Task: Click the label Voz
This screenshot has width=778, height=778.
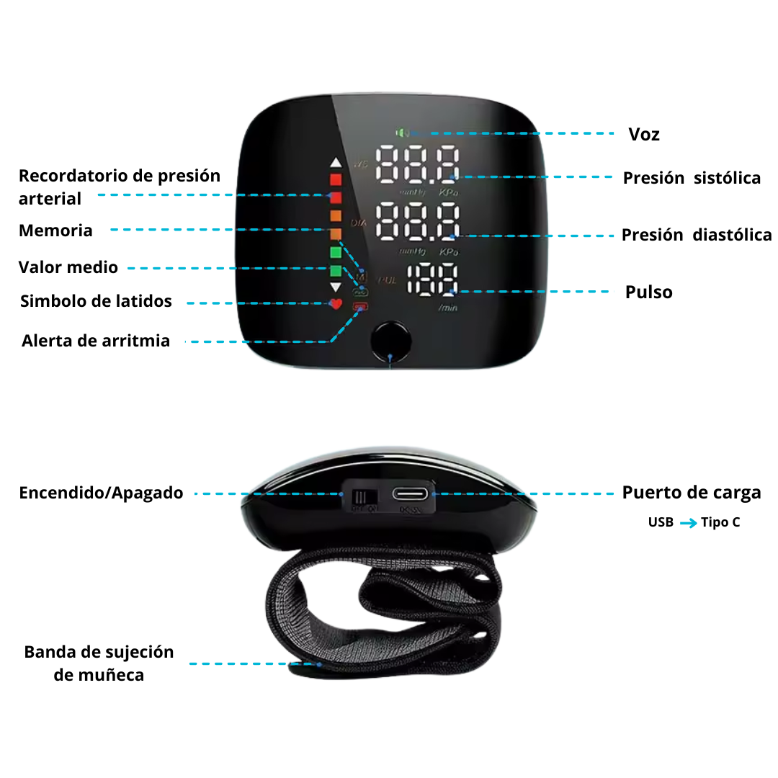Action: (x=643, y=134)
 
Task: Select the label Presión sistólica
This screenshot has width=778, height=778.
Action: (x=692, y=178)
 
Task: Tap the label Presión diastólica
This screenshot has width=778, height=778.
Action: (x=697, y=234)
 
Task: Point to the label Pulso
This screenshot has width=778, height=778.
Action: (x=648, y=292)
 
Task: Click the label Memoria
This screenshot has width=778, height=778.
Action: (x=55, y=231)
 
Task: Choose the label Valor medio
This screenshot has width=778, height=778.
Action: (x=68, y=267)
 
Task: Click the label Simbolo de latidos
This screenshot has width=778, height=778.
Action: (x=96, y=301)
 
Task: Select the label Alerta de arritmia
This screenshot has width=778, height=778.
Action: (x=96, y=341)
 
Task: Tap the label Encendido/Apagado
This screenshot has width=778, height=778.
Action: (x=101, y=493)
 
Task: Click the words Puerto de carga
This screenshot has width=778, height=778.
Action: (x=692, y=493)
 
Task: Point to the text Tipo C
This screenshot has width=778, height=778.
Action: (x=720, y=522)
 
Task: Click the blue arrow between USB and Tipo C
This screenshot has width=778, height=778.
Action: (x=688, y=523)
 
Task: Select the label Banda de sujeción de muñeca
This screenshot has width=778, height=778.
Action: (x=99, y=663)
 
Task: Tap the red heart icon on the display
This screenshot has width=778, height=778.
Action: (x=335, y=304)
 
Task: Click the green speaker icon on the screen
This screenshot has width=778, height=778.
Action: (x=402, y=133)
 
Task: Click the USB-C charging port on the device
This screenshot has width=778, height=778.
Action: (x=410, y=494)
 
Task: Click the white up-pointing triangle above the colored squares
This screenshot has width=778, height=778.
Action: (x=335, y=163)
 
